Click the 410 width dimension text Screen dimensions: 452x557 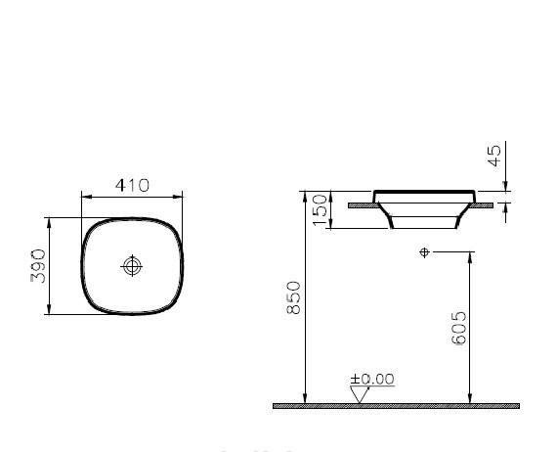(131, 185)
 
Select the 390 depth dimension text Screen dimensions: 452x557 (36, 266)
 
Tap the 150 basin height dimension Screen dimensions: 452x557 (320, 209)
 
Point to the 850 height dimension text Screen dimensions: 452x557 (293, 297)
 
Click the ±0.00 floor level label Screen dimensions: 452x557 (372, 379)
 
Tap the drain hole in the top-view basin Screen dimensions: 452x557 (131, 266)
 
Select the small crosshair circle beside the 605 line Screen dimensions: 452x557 (423, 252)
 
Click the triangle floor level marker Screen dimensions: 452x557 (359, 394)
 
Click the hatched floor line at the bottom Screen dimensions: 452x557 (410, 405)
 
